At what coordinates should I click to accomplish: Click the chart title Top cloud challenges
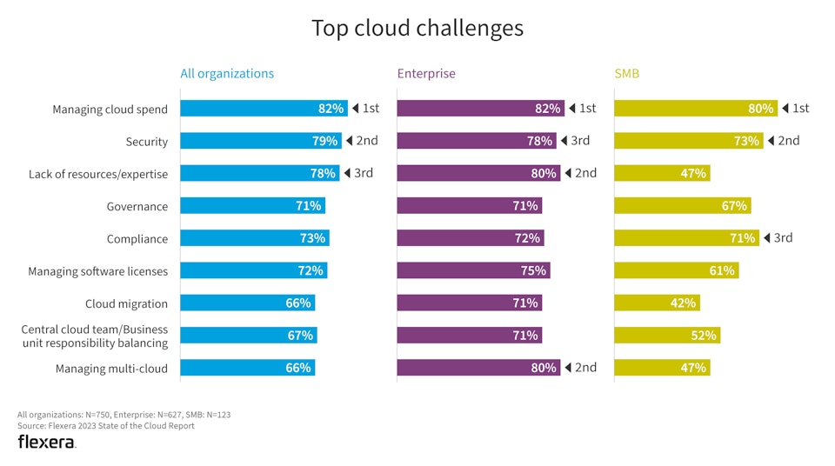417,28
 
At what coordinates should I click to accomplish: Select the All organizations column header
227,74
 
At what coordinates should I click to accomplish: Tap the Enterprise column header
426,74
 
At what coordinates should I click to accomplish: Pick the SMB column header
626,74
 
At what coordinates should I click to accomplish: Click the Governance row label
137,207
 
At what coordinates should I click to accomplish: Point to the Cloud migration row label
126,304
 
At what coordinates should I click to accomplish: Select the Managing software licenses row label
97,272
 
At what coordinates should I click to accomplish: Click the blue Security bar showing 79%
260,141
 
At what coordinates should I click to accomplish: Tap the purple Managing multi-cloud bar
478,368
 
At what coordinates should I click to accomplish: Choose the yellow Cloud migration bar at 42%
656,303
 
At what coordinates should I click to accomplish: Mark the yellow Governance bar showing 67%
681,206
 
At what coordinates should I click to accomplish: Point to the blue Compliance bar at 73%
254,238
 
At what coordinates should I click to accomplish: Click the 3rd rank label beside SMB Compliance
783,237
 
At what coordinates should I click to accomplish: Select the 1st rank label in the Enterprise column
587,109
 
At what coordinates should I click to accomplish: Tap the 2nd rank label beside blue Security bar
366,141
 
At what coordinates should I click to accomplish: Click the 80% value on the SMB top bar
760,109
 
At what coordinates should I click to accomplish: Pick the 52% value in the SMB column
703,336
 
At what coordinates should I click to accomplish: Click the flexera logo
47,443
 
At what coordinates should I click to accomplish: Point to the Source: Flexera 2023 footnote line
106,426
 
